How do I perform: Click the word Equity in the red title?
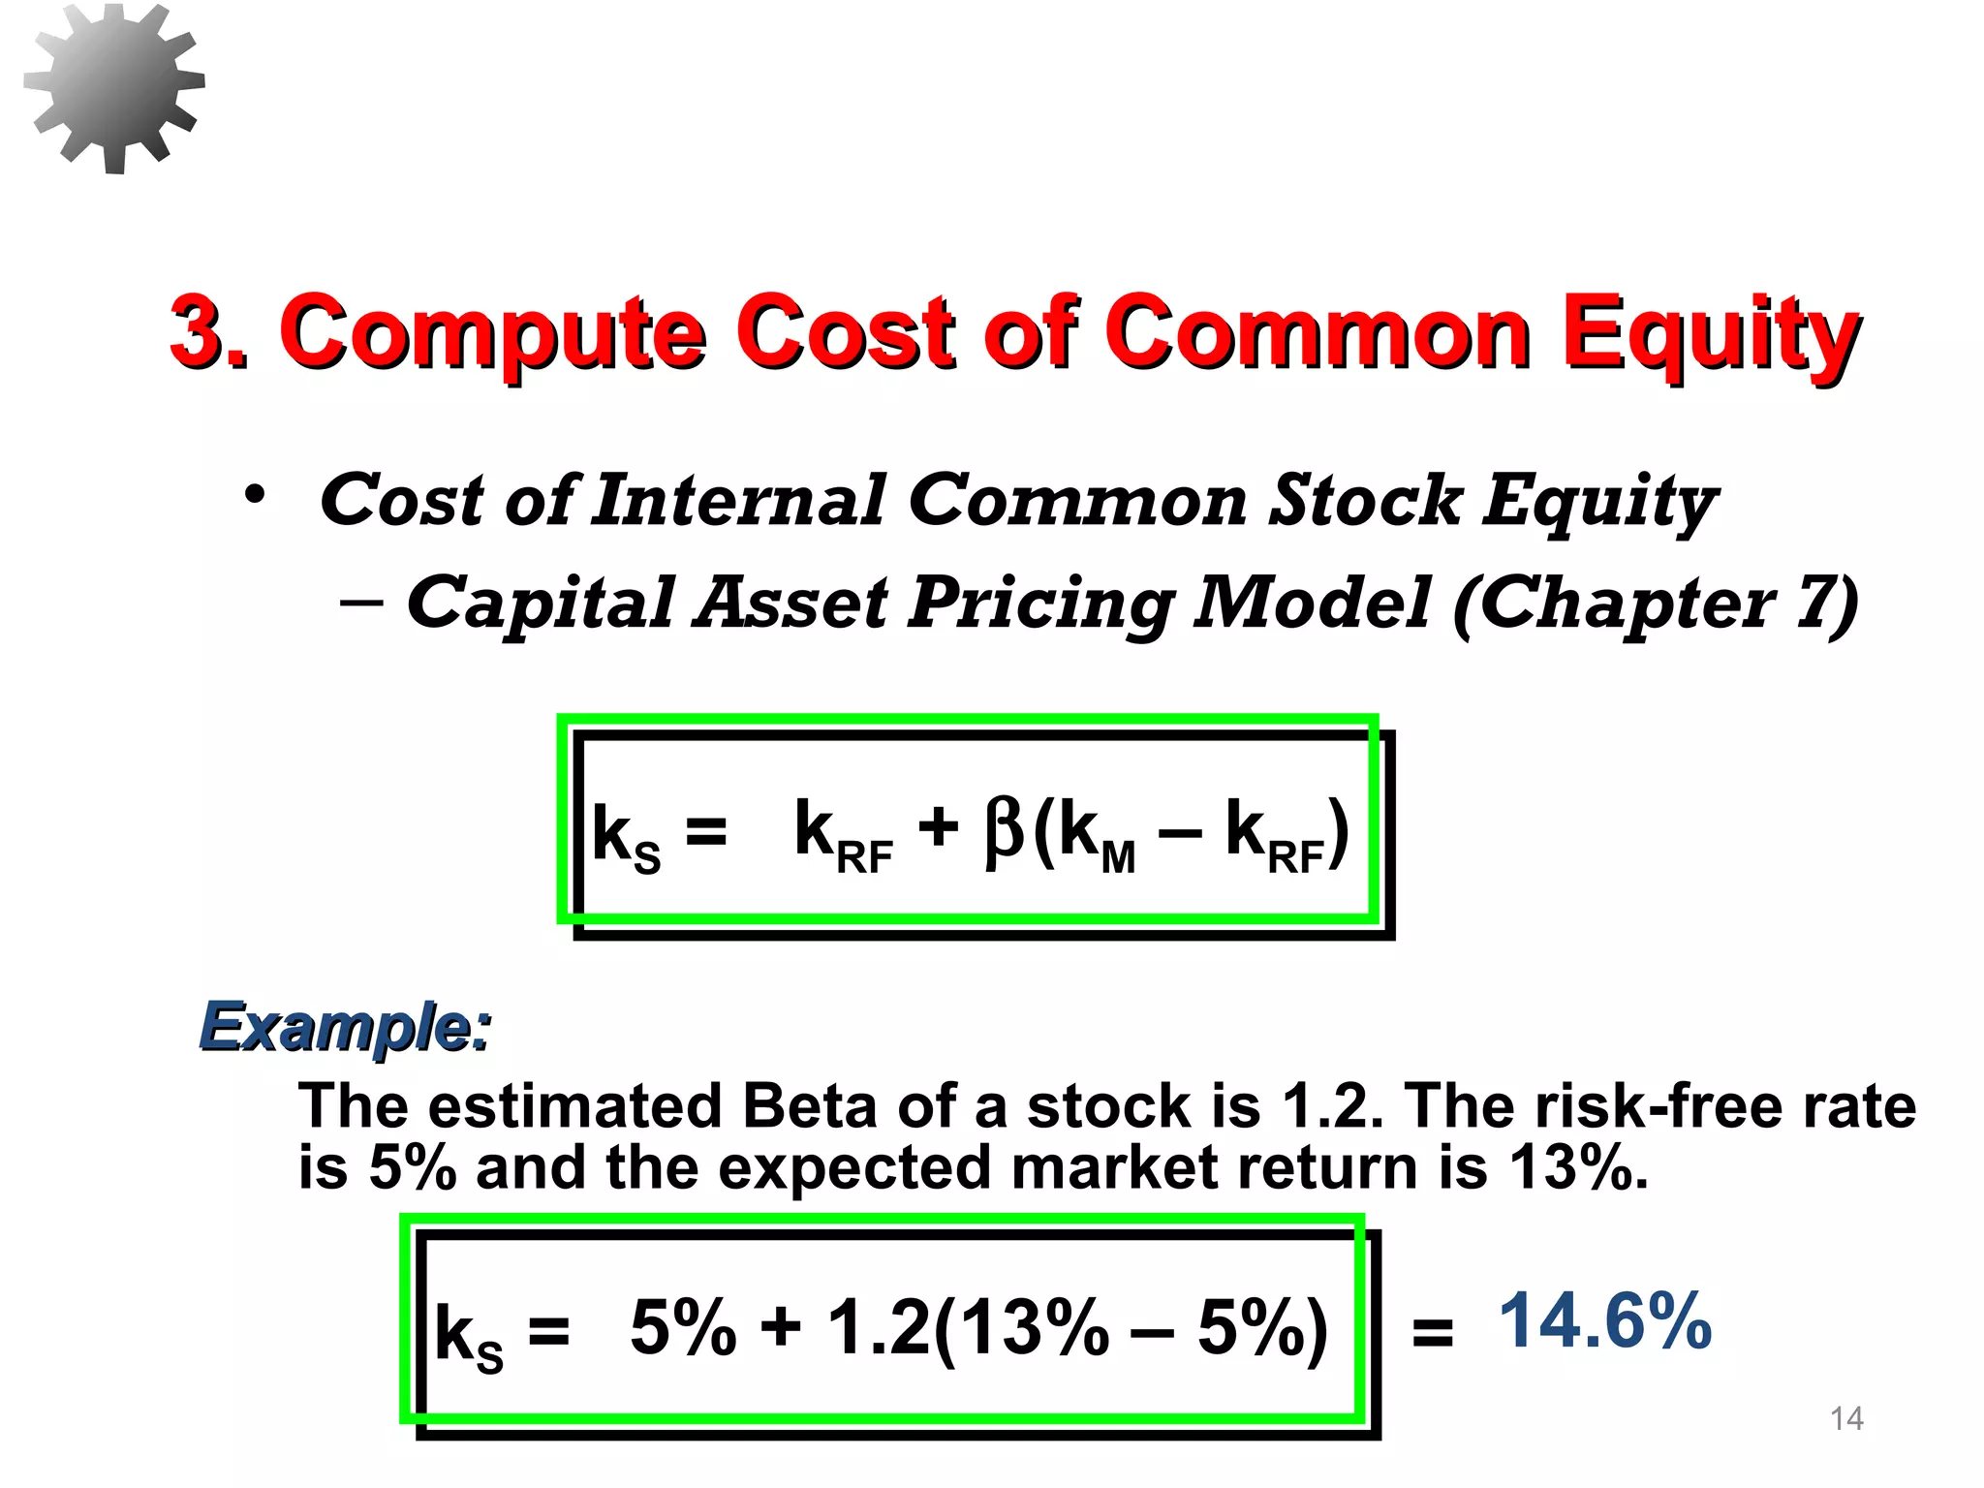click(x=1710, y=334)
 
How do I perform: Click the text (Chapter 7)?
click(x=1655, y=604)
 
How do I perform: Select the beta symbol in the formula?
click(x=1004, y=831)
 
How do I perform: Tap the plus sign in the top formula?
click(x=938, y=829)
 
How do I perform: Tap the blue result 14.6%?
click(x=1605, y=1320)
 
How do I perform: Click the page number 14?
click(x=1846, y=1419)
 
